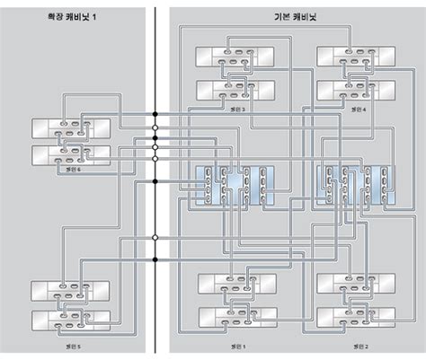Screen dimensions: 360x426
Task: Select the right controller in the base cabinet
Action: pyautogui.click(x=354, y=185)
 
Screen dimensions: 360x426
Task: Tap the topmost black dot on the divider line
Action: pyautogui.click(x=155, y=114)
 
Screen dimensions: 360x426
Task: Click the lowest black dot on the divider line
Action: pyautogui.click(x=155, y=259)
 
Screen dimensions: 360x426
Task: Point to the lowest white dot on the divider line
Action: pyautogui.click(x=155, y=238)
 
